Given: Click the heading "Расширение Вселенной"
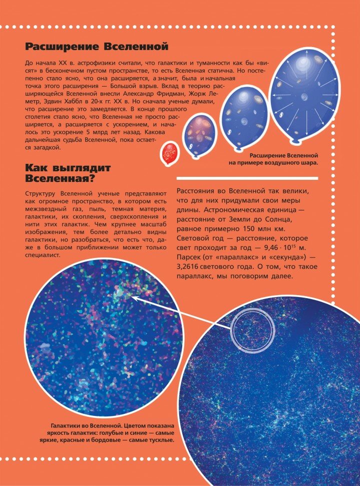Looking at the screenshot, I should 97,47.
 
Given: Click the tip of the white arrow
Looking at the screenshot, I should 131,297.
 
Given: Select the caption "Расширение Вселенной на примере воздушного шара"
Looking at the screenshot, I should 284,159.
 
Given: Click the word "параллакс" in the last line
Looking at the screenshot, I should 197,275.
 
